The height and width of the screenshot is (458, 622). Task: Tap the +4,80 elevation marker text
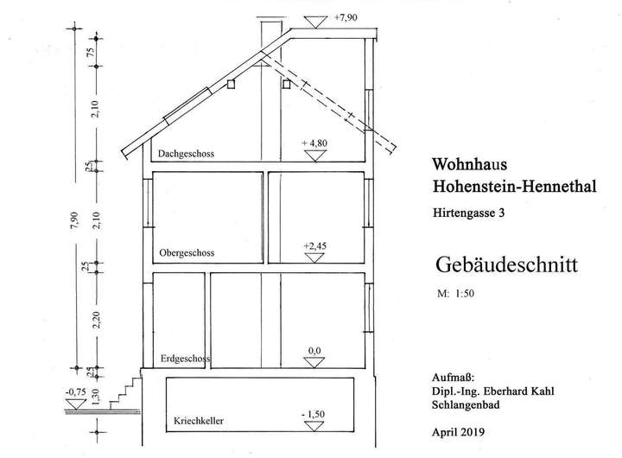coord(314,142)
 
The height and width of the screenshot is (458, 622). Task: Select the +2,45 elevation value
coord(314,246)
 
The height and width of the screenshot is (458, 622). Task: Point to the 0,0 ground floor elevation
coord(314,350)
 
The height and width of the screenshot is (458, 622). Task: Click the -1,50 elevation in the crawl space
coord(313,415)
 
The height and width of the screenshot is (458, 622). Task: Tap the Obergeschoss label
coord(187,254)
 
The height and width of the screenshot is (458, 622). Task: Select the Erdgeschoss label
coord(186,357)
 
